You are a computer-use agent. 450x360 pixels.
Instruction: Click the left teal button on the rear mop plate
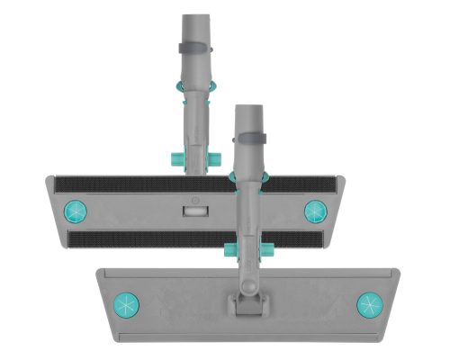point(74,211)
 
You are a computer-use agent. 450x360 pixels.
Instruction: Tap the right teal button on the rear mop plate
point(314,211)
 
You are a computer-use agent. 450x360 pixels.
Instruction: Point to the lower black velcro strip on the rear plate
point(144,240)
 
